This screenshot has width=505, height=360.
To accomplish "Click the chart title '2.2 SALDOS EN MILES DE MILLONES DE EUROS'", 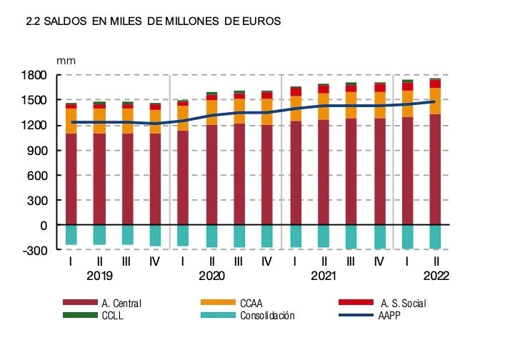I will pyautogui.click(x=153, y=22).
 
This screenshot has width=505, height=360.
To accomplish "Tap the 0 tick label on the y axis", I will pyautogui.click(x=44, y=225).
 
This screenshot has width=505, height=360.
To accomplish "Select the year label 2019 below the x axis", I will pyautogui.click(x=99, y=275).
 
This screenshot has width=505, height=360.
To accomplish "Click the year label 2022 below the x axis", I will pyautogui.click(x=435, y=275).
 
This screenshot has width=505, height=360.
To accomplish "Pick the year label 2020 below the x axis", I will pyautogui.click(x=211, y=275).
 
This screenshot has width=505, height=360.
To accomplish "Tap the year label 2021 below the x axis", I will pyautogui.click(x=324, y=275).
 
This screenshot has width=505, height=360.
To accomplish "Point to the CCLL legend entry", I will pyautogui.click(x=113, y=315).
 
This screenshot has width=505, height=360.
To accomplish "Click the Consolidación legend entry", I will pyautogui.click(x=267, y=315).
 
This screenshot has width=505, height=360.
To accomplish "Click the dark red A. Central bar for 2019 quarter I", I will pyautogui.click(x=71, y=179).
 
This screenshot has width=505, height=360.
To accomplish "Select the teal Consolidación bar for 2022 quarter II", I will pyautogui.click(x=435, y=236).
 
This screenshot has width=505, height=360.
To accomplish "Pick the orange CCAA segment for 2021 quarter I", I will pyautogui.click(x=295, y=109).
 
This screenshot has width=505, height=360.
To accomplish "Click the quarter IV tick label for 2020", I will pyautogui.click(x=267, y=262).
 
